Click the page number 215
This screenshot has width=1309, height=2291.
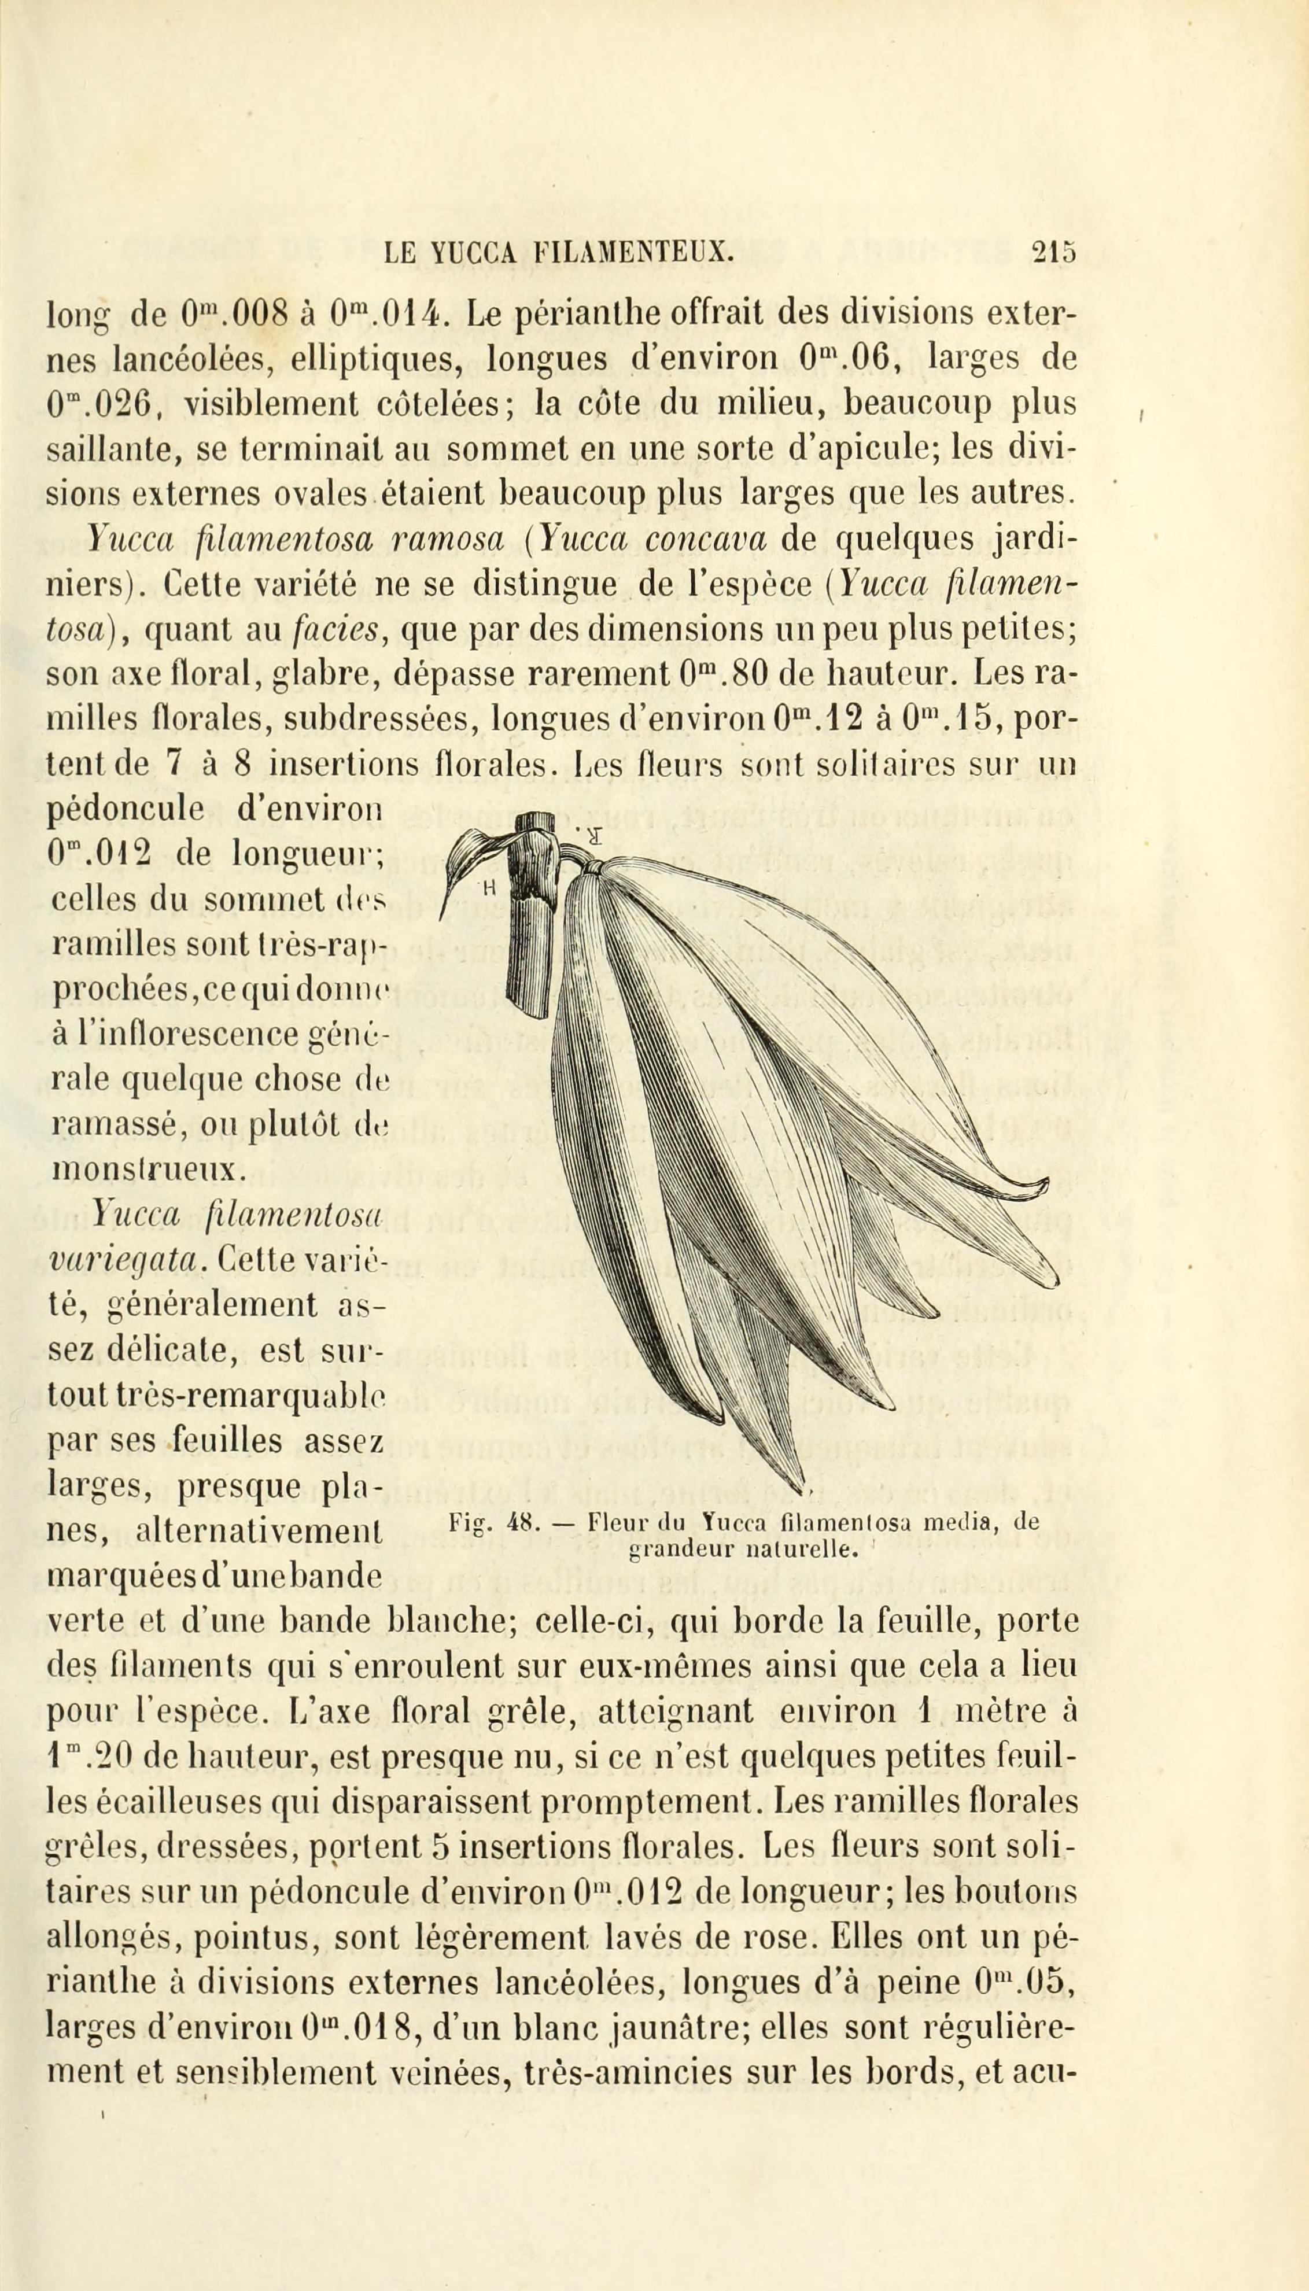1054,252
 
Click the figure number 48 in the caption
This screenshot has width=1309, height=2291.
521,1522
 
